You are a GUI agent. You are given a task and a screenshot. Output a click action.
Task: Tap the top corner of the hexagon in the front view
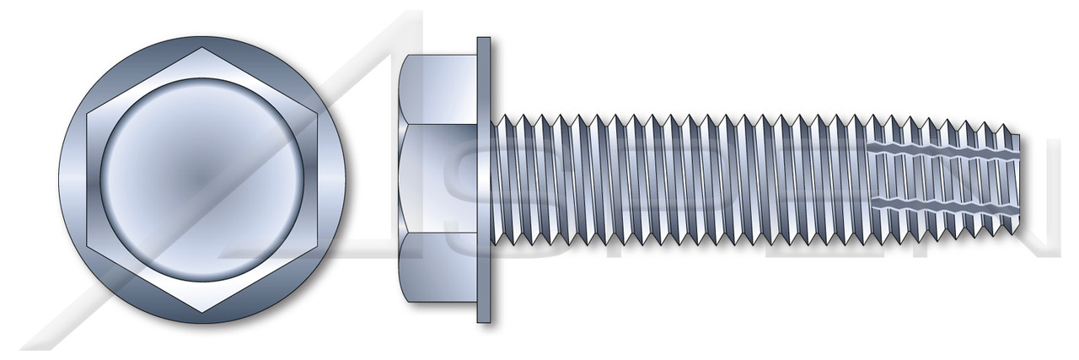(201, 47)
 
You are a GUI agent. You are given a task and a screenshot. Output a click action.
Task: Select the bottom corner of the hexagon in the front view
(201, 312)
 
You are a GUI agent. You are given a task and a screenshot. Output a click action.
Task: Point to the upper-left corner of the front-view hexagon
(87, 113)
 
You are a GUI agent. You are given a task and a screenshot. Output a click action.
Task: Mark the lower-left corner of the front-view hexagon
(87, 246)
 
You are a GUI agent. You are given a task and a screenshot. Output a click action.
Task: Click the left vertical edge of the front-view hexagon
(87, 180)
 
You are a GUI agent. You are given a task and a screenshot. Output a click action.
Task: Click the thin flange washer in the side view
(483, 180)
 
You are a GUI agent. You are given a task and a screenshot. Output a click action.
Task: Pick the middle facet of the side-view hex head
(438, 180)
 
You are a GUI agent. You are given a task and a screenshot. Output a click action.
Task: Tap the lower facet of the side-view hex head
(438, 270)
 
